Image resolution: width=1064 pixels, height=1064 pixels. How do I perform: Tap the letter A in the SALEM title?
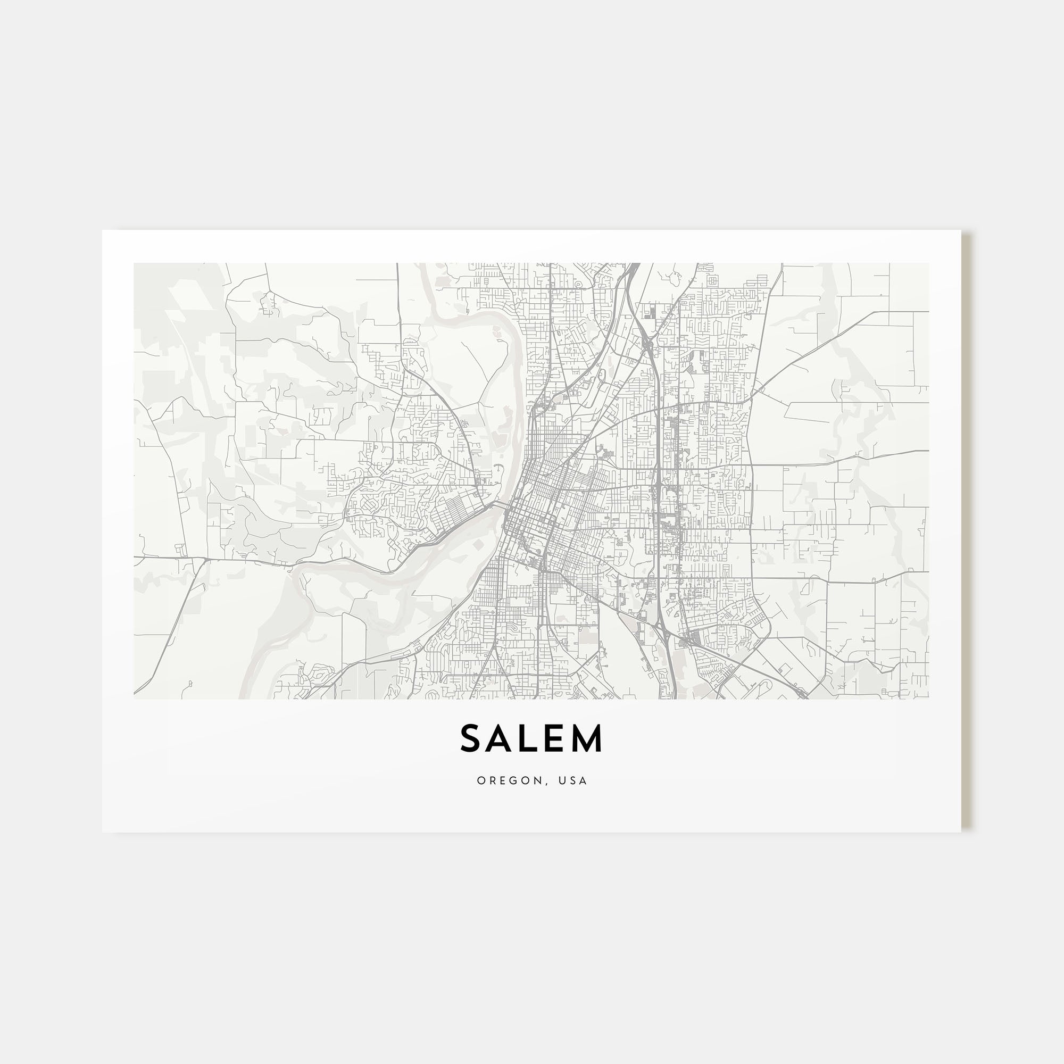pyautogui.click(x=501, y=738)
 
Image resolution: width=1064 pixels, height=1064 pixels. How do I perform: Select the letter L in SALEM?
pyautogui.click(x=530, y=738)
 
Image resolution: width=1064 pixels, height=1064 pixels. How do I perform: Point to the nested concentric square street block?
pyautogui.click(x=712, y=281)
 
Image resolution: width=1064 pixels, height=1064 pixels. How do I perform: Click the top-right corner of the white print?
pyautogui.click(x=961, y=230)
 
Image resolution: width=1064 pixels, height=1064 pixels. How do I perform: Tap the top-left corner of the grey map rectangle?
pyautogui.click(x=134, y=263)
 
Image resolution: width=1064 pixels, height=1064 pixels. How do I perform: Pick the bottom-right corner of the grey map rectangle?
pyautogui.click(x=929, y=699)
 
